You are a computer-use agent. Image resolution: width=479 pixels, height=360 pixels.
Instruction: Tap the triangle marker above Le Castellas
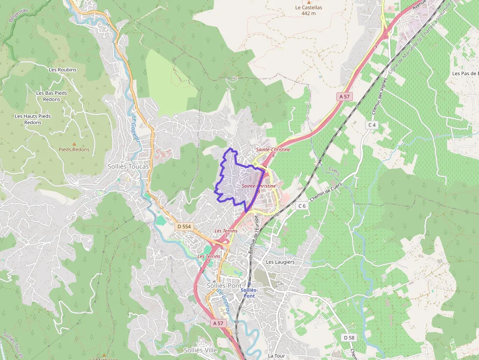pyautogui.click(x=309, y=2)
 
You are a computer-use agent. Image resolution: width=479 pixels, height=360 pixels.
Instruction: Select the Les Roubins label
pyautogui.click(x=63, y=70)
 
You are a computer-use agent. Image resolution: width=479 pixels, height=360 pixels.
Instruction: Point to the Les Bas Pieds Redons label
pyautogui.click(x=51, y=96)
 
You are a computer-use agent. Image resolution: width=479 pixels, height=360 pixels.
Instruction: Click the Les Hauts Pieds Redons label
pyautogui.click(x=33, y=119)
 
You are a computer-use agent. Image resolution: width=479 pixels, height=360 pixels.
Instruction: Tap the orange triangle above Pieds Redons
pyautogui.click(x=74, y=144)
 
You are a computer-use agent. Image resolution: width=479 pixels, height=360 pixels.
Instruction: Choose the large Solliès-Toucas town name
pyautogui.click(x=128, y=166)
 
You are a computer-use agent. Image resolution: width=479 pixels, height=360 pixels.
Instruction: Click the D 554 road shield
pyautogui.click(x=184, y=227)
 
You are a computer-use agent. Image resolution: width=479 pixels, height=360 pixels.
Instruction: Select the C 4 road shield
pyautogui.click(x=372, y=125)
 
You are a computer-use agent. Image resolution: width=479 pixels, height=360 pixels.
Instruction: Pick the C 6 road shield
pyautogui.click(x=302, y=206)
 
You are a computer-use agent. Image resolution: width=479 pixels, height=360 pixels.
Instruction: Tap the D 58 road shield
pyautogui.click(x=348, y=338)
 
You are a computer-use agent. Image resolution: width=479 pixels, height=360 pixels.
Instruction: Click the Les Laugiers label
pyautogui.click(x=280, y=262)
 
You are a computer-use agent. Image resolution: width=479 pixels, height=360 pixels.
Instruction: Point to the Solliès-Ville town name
pyautogui.click(x=200, y=350)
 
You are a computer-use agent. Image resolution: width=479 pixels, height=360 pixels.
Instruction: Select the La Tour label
pyautogui.click(x=276, y=356)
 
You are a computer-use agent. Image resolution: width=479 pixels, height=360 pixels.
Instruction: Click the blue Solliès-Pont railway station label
pyautogui.click(x=249, y=293)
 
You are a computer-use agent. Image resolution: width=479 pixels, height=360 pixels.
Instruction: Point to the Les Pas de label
pyautogui.click(x=465, y=73)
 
